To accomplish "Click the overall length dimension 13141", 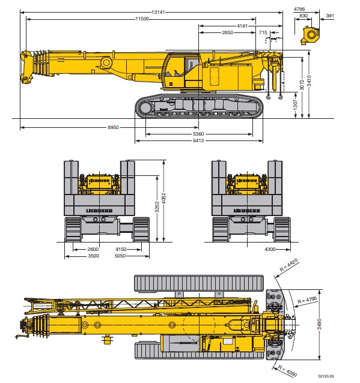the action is pyautogui.click(x=158, y=12).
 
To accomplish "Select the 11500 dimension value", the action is pyautogui.click(x=142, y=19).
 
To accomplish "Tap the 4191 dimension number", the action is pyautogui.click(x=242, y=26).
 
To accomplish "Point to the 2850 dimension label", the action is pyautogui.click(x=227, y=32).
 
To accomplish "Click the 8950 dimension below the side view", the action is pyautogui.click(x=113, y=127).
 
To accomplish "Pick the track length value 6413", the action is pyautogui.click(x=198, y=140).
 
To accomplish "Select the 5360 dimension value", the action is pyautogui.click(x=198, y=134).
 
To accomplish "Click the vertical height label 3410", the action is pyautogui.click(x=310, y=81).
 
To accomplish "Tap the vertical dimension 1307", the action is pyautogui.click(x=296, y=104).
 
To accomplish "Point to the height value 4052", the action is pyautogui.click(x=164, y=198).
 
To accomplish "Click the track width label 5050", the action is pyautogui.click(x=120, y=256).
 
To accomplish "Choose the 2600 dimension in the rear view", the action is pyautogui.click(x=93, y=249).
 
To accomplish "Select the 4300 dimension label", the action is pyautogui.click(x=270, y=249).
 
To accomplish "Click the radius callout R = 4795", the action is pyautogui.click(x=307, y=300).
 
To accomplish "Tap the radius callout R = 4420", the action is pyautogui.click(x=289, y=265).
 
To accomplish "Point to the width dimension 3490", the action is pyautogui.click(x=319, y=324).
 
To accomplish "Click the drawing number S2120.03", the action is pyautogui.click(x=326, y=376).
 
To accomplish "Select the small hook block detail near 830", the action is pyautogui.click(x=310, y=35).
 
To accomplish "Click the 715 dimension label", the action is pyautogui.click(x=263, y=32).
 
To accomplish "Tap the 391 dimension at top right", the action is pyautogui.click(x=330, y=16).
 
